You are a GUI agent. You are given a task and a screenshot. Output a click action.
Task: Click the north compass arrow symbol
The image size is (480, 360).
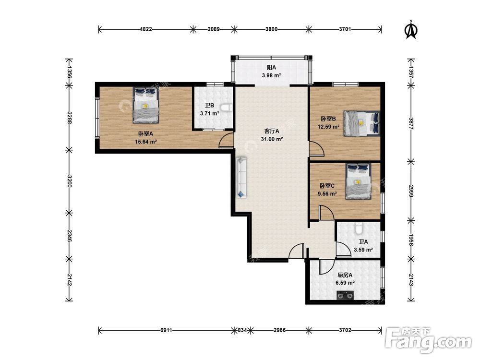(411, 30)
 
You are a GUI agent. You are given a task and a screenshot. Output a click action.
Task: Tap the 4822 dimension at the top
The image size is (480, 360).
(146, 29)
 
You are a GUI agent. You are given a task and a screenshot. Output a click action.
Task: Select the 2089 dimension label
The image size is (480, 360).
(214, 29)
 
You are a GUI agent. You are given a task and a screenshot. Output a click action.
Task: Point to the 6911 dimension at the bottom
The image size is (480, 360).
(166, 330)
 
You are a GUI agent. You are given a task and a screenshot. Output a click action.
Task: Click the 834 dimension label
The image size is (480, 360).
(242, 330)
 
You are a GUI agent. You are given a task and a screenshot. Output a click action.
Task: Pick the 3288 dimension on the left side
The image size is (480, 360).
(69, 118)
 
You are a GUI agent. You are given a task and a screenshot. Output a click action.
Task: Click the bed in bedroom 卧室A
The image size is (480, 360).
(146, 105)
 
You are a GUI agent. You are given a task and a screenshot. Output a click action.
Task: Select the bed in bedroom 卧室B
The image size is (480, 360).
(361, 123)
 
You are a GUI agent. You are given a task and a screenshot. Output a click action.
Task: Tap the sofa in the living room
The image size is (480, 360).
(241, 178)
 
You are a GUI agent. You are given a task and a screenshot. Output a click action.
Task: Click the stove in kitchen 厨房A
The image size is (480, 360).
(345, 295)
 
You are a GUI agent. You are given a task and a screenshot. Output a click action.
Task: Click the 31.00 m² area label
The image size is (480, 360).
(272, 139)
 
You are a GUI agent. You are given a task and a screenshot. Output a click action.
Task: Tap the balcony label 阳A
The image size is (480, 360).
(271, 67)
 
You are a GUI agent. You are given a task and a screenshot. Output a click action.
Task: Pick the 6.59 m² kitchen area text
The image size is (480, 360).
(345, 283)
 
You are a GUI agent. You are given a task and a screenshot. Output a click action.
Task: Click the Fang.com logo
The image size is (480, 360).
(428, 340)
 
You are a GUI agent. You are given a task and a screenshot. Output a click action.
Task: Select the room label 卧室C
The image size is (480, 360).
(327, 186)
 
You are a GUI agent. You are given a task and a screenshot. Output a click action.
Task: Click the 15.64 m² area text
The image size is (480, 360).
(146, 142)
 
